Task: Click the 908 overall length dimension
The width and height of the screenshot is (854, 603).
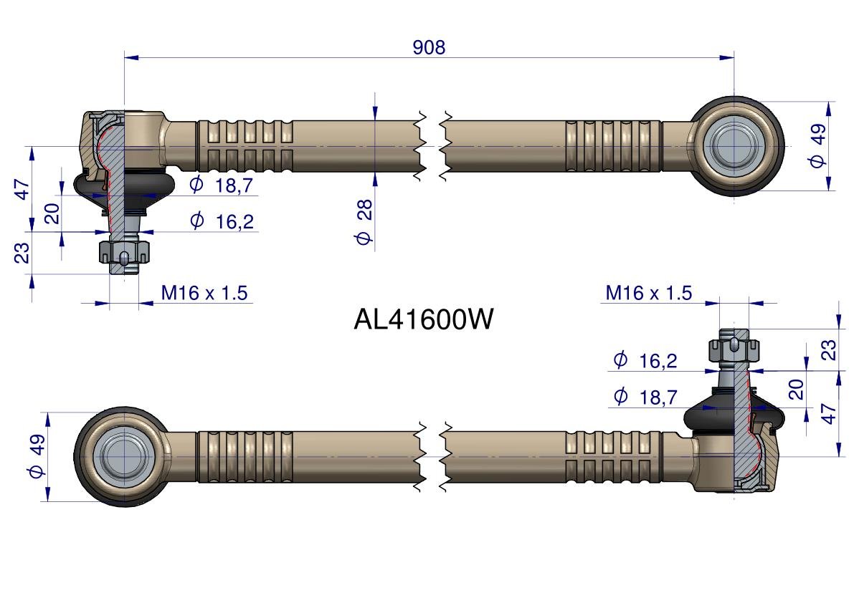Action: tap(430, 47)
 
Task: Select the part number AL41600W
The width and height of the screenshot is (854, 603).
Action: tap(423, 319)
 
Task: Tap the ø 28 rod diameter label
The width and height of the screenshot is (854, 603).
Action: tap(364, 221)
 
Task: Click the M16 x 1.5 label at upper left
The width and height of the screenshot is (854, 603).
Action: tap(204, 293)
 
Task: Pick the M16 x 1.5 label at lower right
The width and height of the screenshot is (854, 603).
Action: tap(649, 293)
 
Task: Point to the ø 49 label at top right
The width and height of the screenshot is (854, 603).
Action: tap(817, 145)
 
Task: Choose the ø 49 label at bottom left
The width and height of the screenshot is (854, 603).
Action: tap(37, 455)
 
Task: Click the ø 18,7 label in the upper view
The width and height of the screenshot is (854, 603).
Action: tap(221, 185)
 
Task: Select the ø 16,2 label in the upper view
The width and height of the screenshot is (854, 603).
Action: tap(222, 221)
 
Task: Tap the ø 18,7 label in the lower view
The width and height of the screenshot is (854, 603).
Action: tap(645, 397)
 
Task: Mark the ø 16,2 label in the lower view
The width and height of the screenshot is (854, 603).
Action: tap(645, 360)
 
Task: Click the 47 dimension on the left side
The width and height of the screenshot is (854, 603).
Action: tap(22, 189)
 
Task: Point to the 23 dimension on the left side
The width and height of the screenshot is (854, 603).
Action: tap(22, 253)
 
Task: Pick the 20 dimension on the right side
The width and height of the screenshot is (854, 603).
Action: tap(796, 390)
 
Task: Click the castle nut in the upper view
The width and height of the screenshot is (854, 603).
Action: tap(124, 252)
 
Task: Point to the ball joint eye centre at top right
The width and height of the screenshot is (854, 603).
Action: tap(734, 145)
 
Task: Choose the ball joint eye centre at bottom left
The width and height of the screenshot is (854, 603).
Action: tap(124, 455)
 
